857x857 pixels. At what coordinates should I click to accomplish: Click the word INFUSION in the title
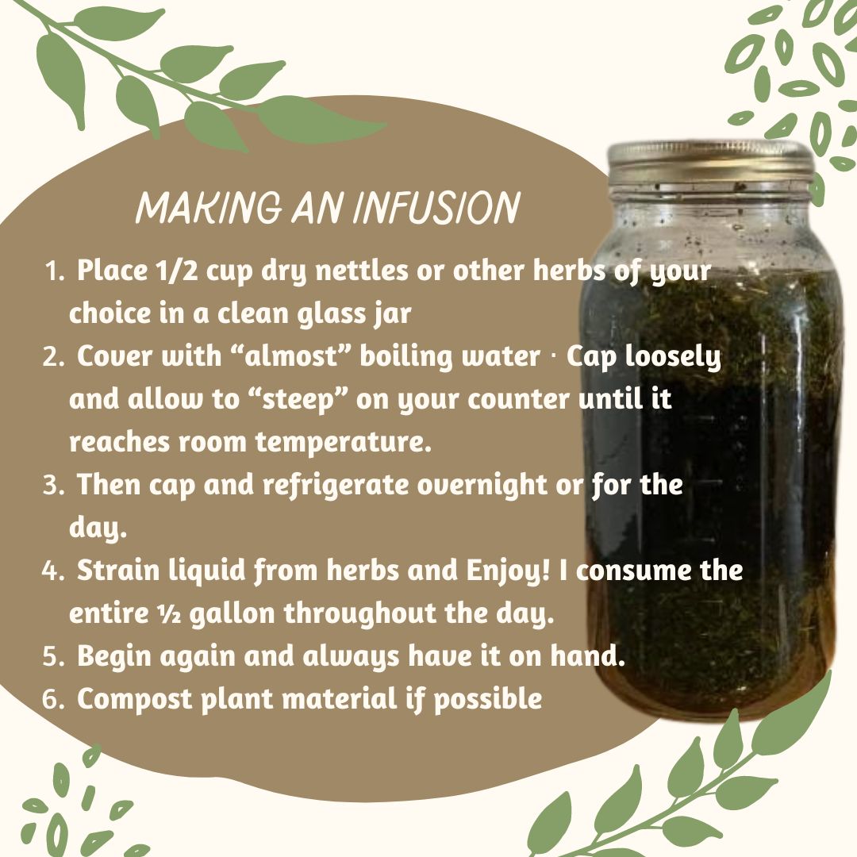[x=436, y=209]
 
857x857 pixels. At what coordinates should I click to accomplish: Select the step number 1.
[x=54, y=272]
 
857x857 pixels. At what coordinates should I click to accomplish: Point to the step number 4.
[x=53, y=571]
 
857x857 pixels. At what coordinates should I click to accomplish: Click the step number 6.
[x=53, y=700]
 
